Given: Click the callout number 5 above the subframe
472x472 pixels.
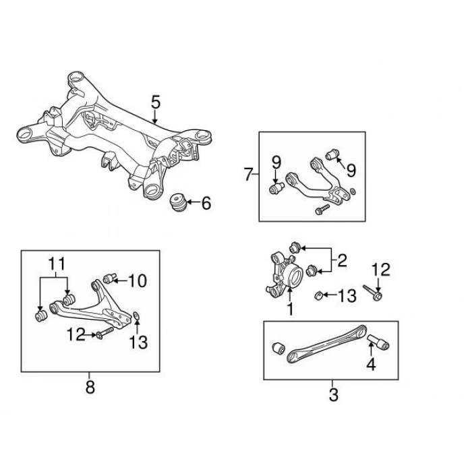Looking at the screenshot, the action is pyautogui.click(x=156, y=102).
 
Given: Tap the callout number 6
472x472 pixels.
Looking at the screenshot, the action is pyautogui.click(x=206, y=203).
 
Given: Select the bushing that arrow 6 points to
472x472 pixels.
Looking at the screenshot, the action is pyautogui.click(x=178, y=202).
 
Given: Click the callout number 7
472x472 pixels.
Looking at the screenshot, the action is pyautogui.click(x=247, y=174).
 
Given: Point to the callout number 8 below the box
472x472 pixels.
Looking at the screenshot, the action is pyautogui.click(x=90, y=387).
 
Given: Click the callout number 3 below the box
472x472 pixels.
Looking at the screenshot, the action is pyautogui.click(x=333, y=394).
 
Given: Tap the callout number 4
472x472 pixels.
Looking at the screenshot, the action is pyautogui.click(x=371, y=365).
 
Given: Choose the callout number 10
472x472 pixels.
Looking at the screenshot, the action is pyautogui.click(x=138, y=281).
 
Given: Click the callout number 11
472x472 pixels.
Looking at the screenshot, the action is pyautogui.click(x=57, y=264).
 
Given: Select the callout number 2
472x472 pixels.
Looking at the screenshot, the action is pyautogui.click(x=342, y=261).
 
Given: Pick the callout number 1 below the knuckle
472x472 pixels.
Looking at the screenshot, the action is pyautogui.click(x=290, y=309).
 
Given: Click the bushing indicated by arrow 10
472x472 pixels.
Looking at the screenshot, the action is pyautogui.click(x=110, y=278).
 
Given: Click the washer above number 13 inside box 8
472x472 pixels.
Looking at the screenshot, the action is pyautogui.click(x=136, y=316).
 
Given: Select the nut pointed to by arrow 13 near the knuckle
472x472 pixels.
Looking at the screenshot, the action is pyautogui.click(x=318, y=295).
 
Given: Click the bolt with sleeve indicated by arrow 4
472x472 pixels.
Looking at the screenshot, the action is pyautogui.click(x=378, y=342).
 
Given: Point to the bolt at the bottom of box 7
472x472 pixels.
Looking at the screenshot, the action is pyautogui.click(x=322, y=209).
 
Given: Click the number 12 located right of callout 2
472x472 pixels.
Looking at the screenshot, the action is pyautogui.click(x=381, y=270).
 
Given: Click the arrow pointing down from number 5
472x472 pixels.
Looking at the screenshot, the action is pyautogui.click(x=154, y=117).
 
